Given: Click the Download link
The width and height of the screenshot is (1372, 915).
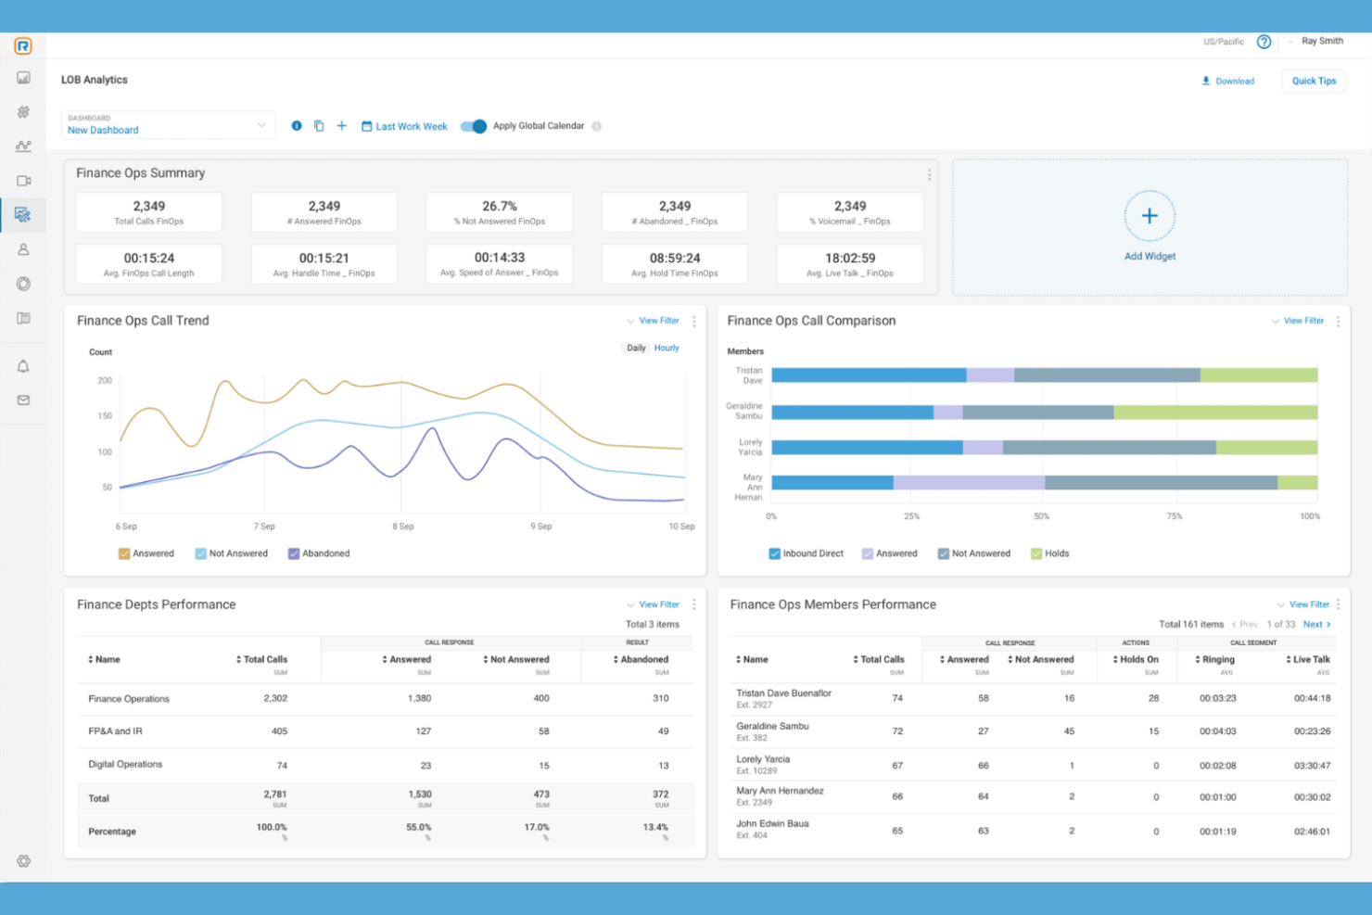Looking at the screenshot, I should pos(1228,82).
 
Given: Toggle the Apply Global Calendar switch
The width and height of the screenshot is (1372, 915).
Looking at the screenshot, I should pos(474,126).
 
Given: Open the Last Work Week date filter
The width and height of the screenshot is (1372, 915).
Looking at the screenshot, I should pos(404,126).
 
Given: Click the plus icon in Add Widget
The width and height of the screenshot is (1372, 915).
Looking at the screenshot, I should pos(1150,216).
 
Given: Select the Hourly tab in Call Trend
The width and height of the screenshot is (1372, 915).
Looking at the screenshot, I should pos(667,349).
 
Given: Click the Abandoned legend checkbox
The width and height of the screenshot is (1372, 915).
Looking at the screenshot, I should pos(294,553).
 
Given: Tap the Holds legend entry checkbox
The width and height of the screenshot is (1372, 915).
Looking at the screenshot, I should pos(1036,553).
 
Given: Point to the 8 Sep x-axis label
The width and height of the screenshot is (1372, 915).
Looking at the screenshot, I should pos(402,527).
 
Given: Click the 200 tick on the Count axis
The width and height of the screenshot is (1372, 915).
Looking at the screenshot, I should pos(105,380).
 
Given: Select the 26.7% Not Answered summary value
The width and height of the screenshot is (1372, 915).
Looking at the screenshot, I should pos(499,207).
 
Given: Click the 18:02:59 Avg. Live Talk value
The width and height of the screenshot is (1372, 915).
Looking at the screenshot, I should pos(849,259).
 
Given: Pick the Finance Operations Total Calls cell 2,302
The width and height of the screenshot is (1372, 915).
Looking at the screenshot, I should pos(275,698).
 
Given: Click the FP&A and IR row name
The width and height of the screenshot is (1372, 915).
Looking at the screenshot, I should pos(115,731).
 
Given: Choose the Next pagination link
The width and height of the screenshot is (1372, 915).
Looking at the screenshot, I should pos(1315,625).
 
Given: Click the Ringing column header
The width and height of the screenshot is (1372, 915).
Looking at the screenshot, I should pos(1218,660).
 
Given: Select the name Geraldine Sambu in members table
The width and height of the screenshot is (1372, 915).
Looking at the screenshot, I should pos(772,727).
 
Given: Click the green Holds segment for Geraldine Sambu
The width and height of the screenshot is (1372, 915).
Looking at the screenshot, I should pos(1214,413).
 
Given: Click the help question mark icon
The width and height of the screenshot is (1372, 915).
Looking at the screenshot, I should pos(1264,42).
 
